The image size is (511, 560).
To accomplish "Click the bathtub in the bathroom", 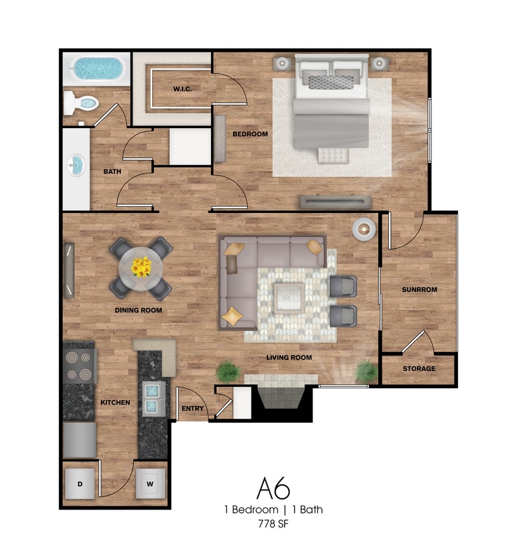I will click(98, 68).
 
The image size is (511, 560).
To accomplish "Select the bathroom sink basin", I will click(77, 164).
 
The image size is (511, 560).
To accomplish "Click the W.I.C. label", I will click(183, 89).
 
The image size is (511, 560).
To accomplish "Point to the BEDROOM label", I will click(250, 134).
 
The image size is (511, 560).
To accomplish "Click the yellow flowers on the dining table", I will click(141, 267).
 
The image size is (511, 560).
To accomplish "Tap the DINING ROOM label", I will click(139, 310).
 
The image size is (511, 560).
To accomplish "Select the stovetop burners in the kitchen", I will click(80, 366).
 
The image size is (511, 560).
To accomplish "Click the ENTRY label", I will click(192, 408).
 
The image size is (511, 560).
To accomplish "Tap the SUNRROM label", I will click(419, 290).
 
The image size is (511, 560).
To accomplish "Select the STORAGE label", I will click(419, 369).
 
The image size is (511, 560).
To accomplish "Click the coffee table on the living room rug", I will click(290, 297).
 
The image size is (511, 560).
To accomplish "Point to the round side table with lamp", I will click(364, 229).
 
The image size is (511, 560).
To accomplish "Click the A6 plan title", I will click(273, 488).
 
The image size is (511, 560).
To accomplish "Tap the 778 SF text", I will click(273, 524).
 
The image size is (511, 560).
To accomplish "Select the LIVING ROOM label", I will click(289, 358).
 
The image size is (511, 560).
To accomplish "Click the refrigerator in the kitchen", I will click(80, 440).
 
